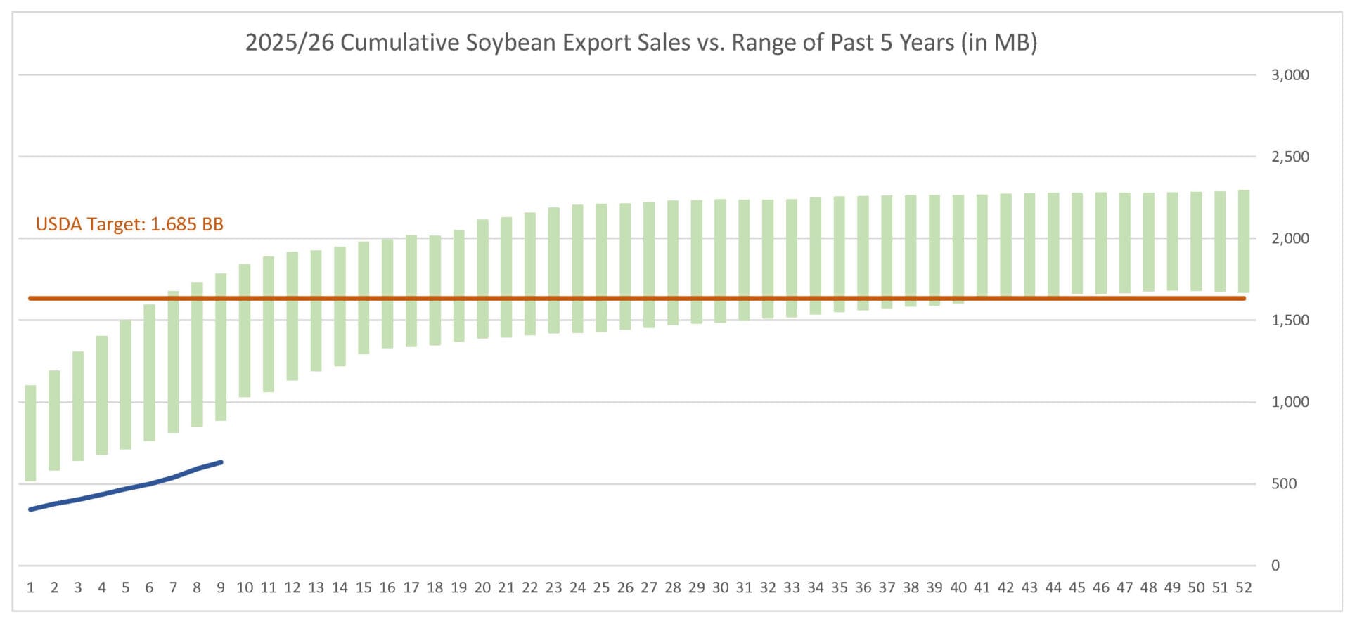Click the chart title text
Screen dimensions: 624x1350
(641, 43)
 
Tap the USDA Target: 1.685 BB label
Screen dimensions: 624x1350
(129, 225)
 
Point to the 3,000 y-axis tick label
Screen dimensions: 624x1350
(1290, 75)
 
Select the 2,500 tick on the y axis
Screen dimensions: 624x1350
(1290, 157)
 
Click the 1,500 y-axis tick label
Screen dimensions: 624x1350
(1290, 320)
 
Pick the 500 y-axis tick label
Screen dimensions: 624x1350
(1283, 484)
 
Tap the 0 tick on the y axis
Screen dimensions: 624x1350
(1275, 566)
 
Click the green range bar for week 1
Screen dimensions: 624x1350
(30, 433)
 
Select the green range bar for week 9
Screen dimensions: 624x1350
(221, 347)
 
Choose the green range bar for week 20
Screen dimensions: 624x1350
(482, 279)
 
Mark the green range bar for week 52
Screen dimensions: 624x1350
(1243, 241)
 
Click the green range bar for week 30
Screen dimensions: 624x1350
(720, 261)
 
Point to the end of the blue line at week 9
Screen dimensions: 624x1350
(221, 462)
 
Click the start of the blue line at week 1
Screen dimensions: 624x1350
(30, 509)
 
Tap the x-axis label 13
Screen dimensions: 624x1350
(316, 588)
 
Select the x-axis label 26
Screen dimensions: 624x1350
(625, 588)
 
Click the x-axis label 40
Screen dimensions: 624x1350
(958, 588)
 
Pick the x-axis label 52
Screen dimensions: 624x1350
(1243, 588)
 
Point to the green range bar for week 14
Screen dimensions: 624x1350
(340, 306)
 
